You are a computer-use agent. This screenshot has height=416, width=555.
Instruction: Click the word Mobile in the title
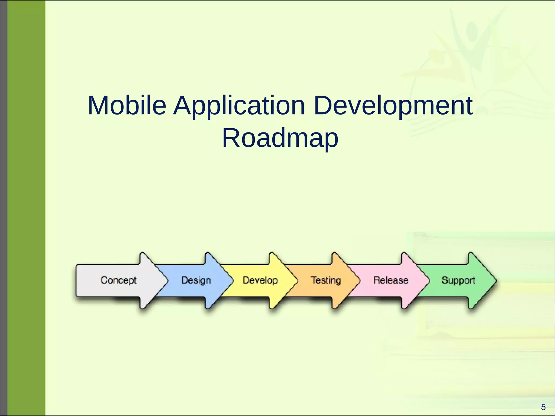coord(127,106)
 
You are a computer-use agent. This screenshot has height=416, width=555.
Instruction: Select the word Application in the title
coord(239,106)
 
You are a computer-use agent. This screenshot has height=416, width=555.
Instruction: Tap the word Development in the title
coord(393,106)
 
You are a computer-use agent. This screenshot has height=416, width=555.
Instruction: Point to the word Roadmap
coord(280,138)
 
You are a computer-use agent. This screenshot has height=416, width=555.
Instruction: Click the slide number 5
coord(543,407)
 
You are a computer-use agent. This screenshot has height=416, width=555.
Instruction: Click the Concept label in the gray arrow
coord(119,280)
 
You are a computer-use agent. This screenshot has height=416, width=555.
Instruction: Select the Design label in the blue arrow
coord(196,280)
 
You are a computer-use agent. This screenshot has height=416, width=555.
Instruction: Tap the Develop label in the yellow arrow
coord(260,280)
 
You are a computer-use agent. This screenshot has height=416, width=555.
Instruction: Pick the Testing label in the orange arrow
coord(326,280)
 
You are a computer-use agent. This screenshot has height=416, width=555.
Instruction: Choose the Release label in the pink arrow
coord(391,280)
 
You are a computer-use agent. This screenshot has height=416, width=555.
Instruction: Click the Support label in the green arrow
coord(458,280)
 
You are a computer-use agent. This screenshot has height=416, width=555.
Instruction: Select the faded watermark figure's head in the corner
coord(472,29)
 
